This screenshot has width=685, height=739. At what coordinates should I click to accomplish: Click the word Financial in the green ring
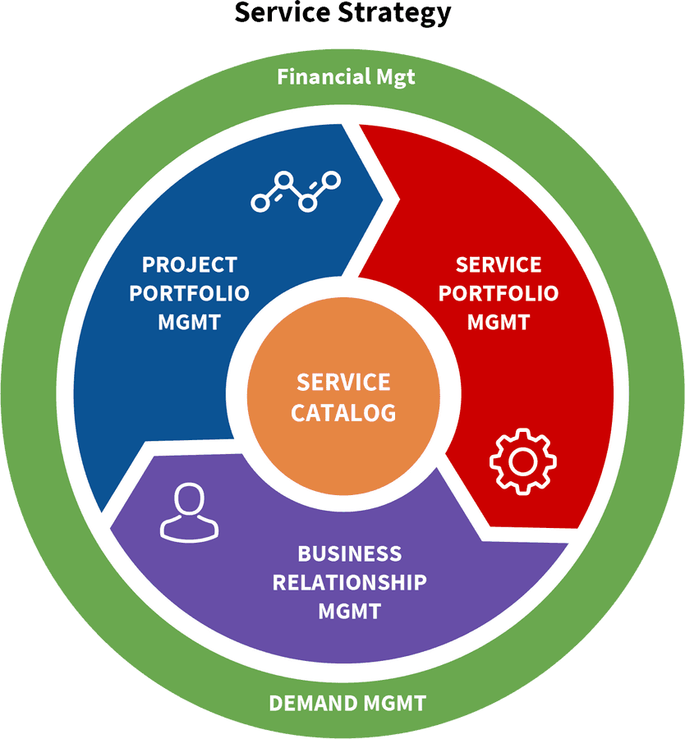[324, 77]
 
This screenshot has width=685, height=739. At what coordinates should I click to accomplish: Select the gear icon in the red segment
[522, 461]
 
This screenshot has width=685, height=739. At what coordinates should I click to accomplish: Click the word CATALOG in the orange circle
[343, 412]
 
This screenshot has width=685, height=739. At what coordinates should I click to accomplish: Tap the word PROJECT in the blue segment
[189, 264]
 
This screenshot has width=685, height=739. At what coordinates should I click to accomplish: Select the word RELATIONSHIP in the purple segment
[349, 582]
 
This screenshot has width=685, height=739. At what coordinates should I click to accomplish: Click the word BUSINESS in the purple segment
[349, 553]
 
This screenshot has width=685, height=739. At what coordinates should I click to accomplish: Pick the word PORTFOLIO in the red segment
[499, 293]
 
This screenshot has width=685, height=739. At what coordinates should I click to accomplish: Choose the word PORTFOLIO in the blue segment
[189, 293]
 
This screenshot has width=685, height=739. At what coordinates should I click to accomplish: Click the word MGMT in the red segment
[499, 322]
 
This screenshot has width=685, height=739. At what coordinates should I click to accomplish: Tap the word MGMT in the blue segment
[189, 322]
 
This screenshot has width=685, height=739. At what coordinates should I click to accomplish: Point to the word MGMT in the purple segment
[349, 612]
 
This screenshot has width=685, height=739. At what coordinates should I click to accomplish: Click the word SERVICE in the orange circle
[343, 383]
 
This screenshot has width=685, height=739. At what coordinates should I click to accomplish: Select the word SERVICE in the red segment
[499, 264]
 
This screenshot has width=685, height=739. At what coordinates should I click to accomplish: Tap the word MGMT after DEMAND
[392, 703]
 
